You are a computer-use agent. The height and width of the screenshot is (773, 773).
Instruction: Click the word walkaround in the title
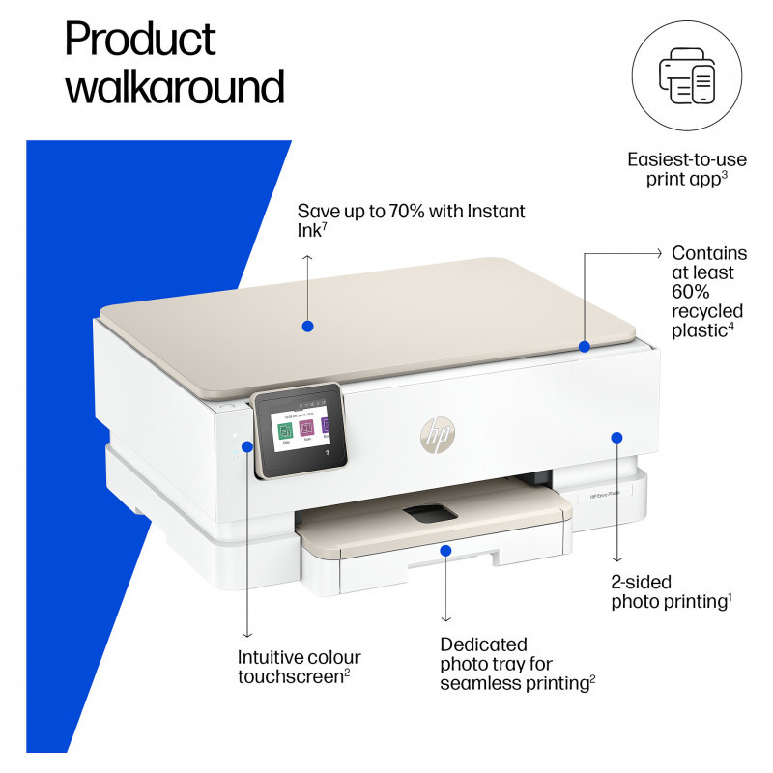coord(175,86)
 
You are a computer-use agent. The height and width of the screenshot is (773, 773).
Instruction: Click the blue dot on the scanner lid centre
coord(307,327)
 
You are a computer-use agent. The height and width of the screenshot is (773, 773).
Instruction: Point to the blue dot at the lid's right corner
coord(585,346)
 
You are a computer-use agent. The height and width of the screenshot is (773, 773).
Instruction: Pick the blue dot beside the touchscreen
coord(247,446)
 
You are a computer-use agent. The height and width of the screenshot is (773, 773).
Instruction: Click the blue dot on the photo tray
coord(445,550)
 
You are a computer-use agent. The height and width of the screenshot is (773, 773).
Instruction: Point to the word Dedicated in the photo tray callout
coord(483,644)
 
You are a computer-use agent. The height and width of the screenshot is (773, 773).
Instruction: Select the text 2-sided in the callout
coord(641,583)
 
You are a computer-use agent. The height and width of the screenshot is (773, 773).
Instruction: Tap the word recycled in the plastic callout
coord(707,311)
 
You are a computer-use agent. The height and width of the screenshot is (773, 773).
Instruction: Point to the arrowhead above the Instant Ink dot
coord(307,258)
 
